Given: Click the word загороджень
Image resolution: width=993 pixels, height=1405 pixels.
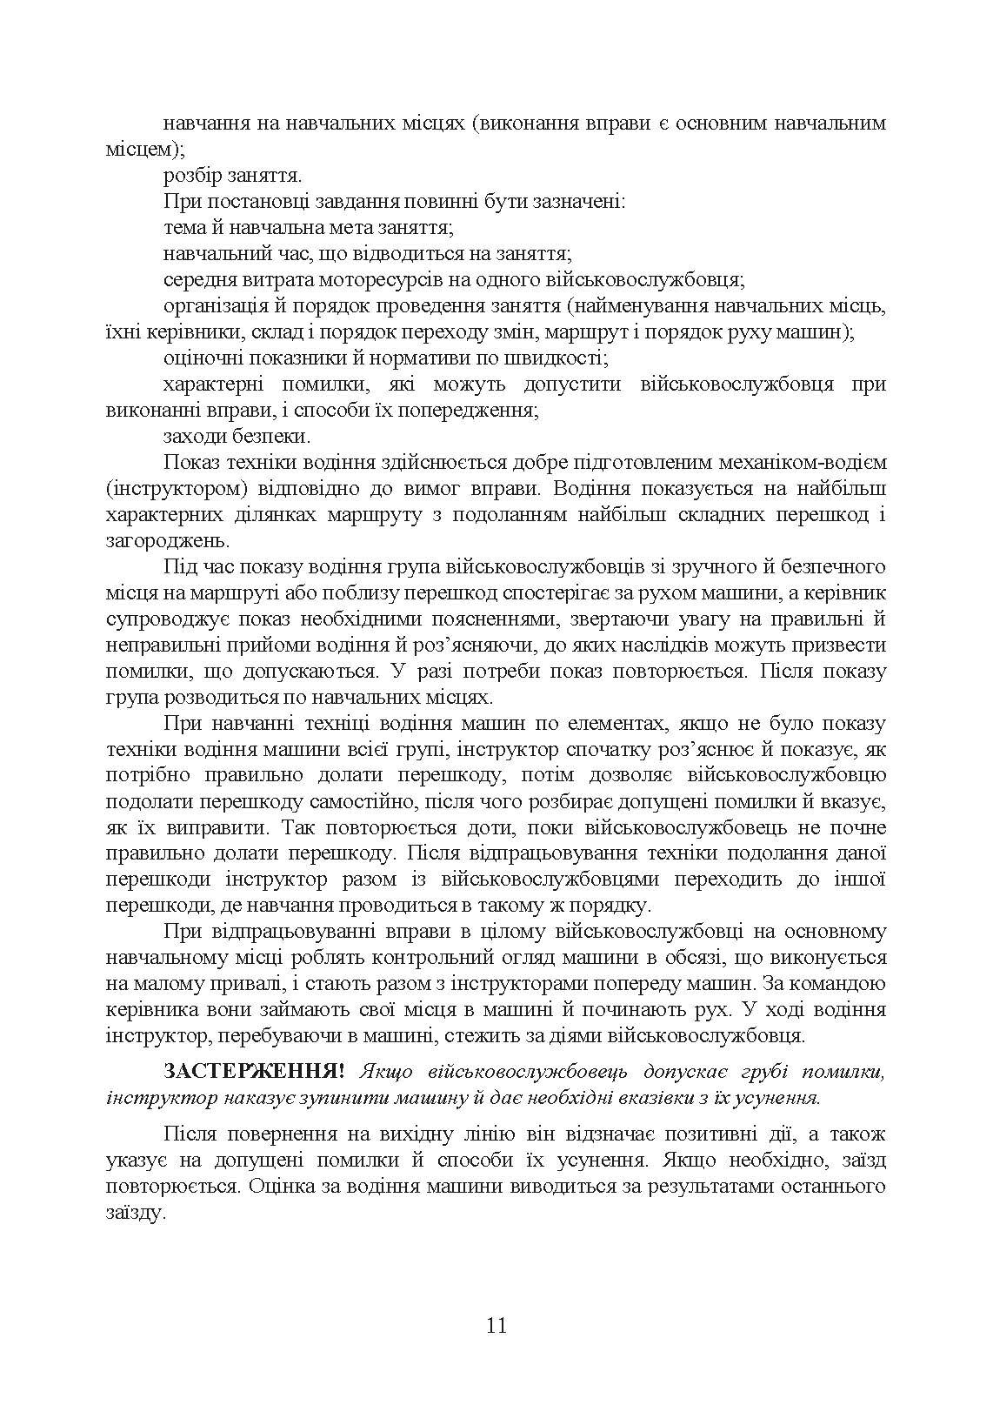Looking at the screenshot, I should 153,540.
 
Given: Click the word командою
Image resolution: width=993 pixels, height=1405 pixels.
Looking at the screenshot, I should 835,984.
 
